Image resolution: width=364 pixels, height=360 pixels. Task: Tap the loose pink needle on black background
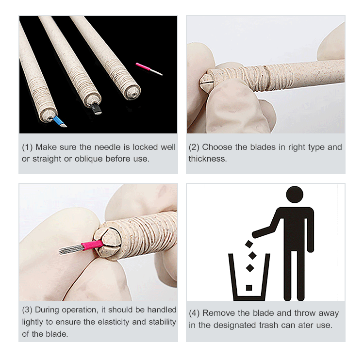[x=149, y=69]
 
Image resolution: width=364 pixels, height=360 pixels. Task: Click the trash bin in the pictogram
[x=249, y=277]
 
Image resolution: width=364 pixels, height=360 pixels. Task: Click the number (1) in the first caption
[x=27, y=147]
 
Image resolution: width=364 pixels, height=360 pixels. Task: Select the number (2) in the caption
[x=194, y=147]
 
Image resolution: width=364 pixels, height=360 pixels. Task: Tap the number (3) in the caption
[x=27, y=310]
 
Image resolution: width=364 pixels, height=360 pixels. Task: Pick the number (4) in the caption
[x=195, y=313]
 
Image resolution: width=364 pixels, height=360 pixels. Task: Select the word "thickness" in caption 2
[x=207, y=159]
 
